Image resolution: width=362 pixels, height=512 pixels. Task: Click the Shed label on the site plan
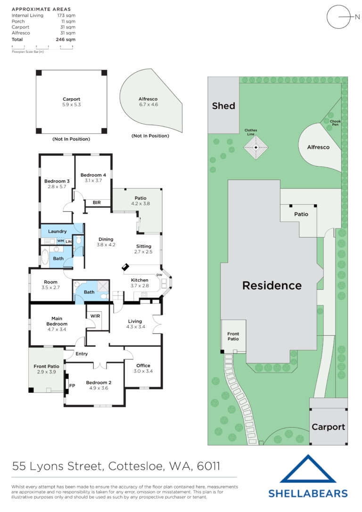[223, 106]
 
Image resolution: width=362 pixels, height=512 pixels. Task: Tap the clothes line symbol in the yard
[256, 147]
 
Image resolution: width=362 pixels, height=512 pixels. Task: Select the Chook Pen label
[335, 123]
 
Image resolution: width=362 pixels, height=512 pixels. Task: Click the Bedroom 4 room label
[93, 175]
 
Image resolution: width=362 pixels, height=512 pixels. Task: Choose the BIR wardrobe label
[97, 202]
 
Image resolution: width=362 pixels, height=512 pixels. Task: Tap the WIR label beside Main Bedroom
[95, 316]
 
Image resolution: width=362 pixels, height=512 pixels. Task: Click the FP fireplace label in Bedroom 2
[72, 386]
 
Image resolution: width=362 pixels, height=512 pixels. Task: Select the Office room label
[143, 366]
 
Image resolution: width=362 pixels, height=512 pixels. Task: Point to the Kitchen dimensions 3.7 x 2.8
[140, 286]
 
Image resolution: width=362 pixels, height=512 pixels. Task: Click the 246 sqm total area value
[66, 40]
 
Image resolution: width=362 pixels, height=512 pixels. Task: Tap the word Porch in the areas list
[18, 21]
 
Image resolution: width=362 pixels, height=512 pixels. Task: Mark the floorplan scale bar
[42, 47]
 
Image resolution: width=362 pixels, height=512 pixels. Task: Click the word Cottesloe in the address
[136, 466]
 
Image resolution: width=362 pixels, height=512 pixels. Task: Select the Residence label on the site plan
[272, 285]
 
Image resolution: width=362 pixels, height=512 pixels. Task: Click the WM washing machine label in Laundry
[61, 241]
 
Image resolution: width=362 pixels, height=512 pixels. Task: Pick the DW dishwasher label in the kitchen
[159, 275]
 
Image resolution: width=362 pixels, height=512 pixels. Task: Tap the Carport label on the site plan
[329, 427]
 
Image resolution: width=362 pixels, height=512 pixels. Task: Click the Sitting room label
[144, 246]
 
